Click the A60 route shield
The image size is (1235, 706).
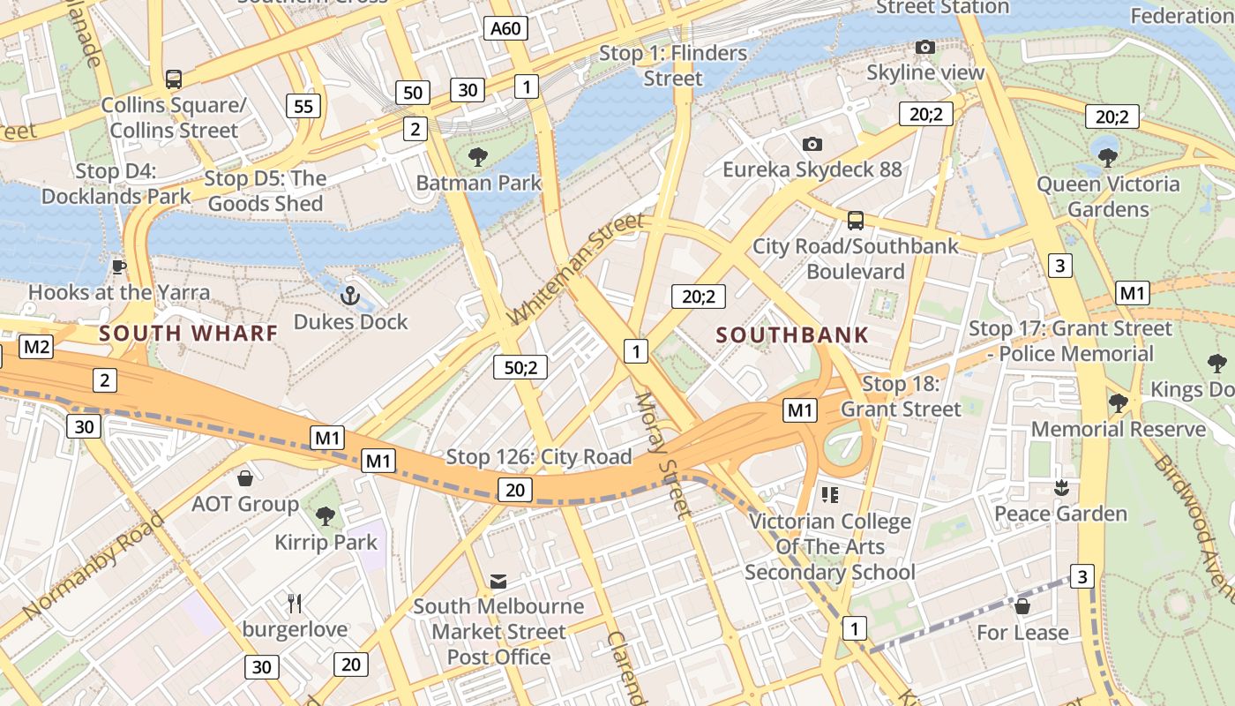[505, 28]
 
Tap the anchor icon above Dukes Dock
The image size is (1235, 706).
[350, 295]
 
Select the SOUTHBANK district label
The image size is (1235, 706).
[792, 335]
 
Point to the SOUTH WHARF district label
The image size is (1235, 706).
[189, 334]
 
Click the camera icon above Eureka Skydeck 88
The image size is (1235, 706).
[812, 144]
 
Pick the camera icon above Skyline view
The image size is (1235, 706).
[924, 47]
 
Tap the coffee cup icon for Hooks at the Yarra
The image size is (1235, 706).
[119, 267]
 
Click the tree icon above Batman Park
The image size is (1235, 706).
[478, 157]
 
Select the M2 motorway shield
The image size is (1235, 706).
[36, 347]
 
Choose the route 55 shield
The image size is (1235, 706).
[303, 107]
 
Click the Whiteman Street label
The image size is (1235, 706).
[577, 268]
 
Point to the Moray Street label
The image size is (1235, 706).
[662, 454]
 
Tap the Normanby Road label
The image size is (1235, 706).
[94, 565]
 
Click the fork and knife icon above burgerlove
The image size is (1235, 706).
[295, 604]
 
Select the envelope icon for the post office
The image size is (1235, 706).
[498, 581]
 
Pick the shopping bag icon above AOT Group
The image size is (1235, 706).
[245, 478]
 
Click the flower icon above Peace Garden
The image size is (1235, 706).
[1061, 487]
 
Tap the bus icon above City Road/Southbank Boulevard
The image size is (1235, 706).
[855, 221]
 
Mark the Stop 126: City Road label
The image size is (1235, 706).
[539, 456]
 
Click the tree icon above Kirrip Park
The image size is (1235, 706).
[326, 515]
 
